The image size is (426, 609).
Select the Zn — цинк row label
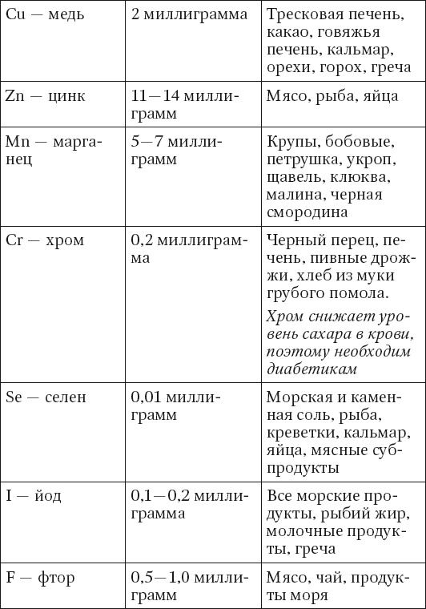click(45, 96)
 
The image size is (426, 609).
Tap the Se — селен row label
click(46, 397)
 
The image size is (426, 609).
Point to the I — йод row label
click(39, 496)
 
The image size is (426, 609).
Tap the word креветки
click(300, 433)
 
